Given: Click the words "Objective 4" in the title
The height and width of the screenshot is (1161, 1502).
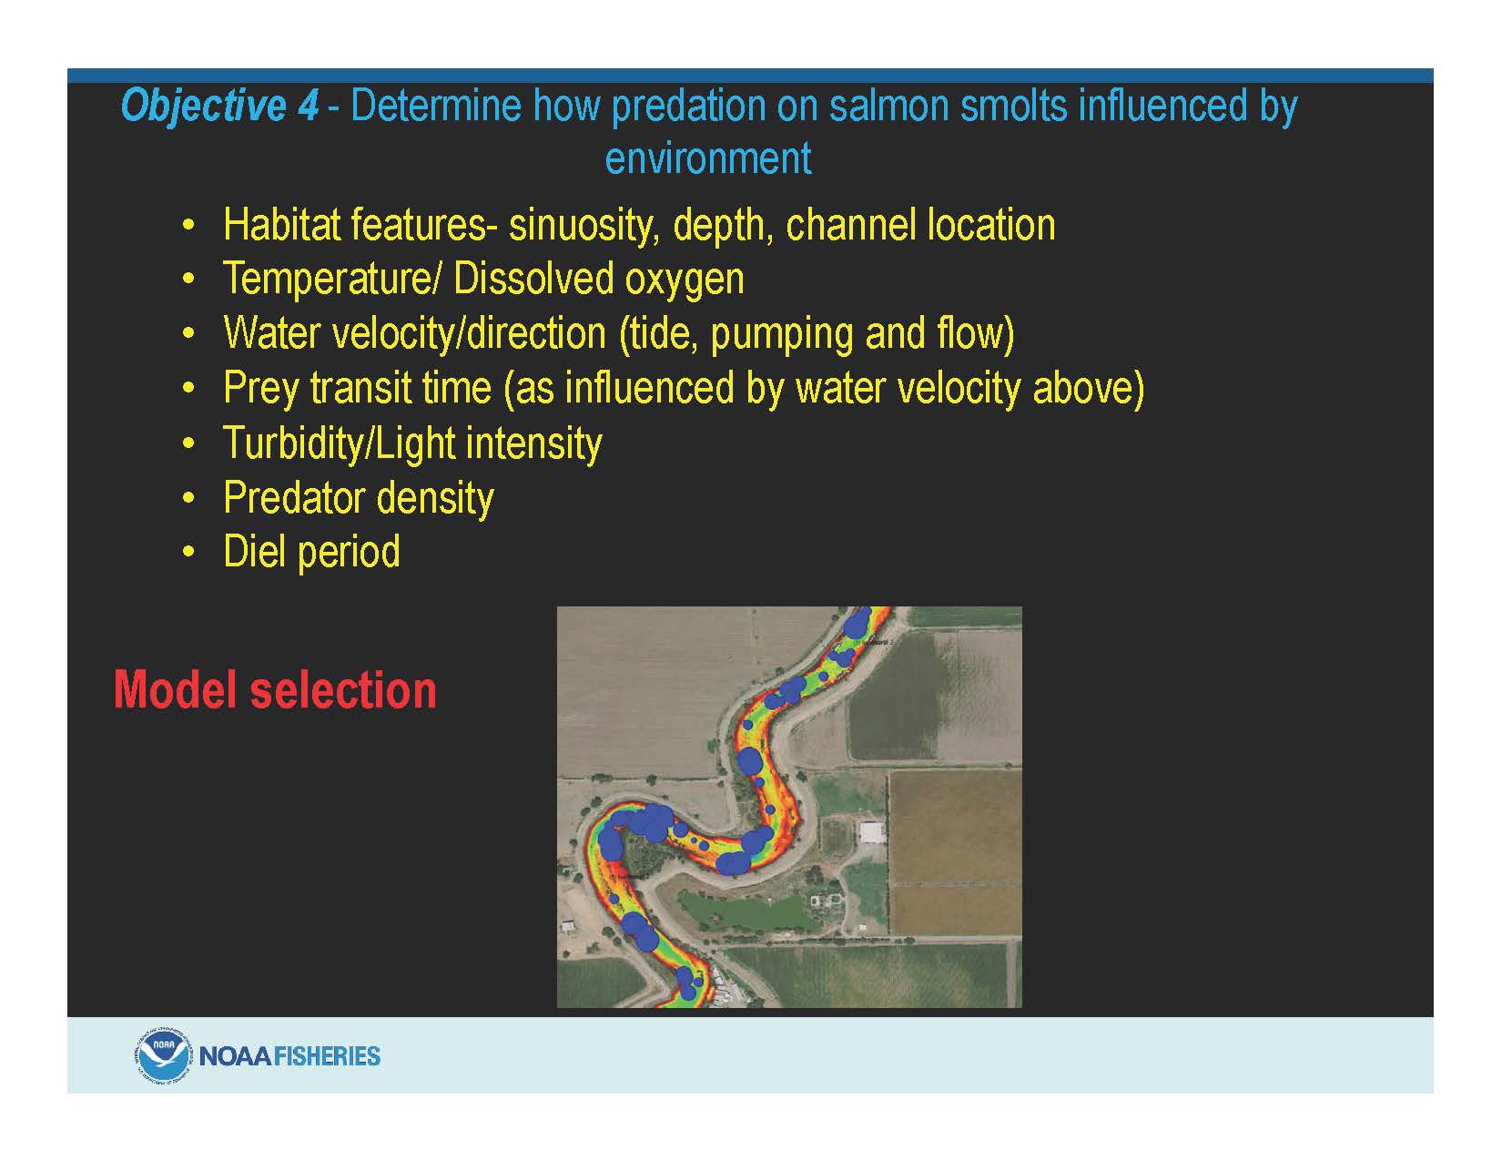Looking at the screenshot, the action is [219, 107].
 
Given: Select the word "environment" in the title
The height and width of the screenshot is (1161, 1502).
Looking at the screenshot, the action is [708, 158].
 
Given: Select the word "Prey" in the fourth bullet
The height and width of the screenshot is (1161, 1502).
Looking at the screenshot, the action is [263, 389].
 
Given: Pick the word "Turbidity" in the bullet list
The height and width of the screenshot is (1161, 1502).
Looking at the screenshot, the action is [295, 443].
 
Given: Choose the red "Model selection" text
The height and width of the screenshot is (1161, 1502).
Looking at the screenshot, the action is [275, 689].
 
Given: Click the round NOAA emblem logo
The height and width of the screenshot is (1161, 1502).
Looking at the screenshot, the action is [160, 1056].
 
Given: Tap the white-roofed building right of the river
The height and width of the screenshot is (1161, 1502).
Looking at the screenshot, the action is [872, 832].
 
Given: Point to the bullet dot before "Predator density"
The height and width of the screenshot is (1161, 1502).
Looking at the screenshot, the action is [188, 498].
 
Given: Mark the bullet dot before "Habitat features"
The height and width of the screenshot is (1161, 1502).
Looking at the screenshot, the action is [188, 226].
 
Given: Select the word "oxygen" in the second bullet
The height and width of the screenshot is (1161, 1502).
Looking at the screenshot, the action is [684, 280].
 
